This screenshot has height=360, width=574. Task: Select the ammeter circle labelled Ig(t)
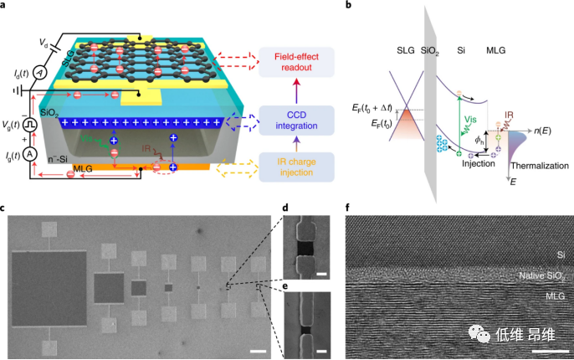coord(28,154)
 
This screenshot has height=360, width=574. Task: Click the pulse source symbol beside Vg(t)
coord(30,126)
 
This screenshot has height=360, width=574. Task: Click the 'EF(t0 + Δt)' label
coord(380,107)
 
